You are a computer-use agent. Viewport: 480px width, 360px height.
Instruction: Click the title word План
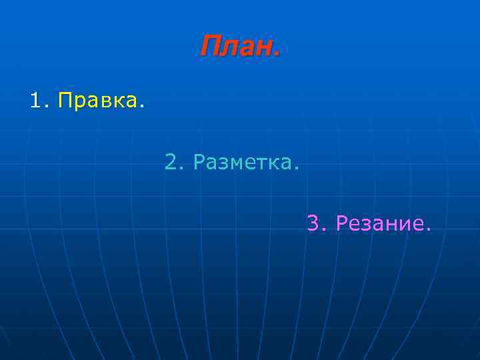point(237,46)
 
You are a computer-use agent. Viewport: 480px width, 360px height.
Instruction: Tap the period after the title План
point(275,54)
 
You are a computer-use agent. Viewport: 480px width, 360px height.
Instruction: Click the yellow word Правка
point(97,101)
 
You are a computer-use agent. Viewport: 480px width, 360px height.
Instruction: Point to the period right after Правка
point(141,107)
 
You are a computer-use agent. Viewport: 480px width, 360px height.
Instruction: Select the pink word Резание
point(379,223)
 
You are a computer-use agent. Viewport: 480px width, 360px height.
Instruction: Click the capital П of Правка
point(65,101)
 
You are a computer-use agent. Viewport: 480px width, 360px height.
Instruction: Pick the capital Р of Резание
point(342,223)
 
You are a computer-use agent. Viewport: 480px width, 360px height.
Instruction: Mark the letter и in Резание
point(402,225)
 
